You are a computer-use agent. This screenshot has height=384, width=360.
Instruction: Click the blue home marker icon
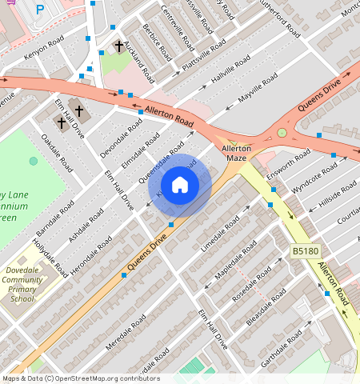click(180, 185)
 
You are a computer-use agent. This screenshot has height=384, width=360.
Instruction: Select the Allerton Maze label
click(236, 153)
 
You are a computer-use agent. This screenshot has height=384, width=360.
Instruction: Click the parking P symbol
click(40, 10)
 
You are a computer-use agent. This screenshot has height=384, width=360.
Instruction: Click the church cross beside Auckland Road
click(119, 47)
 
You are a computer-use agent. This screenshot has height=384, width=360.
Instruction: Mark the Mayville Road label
click(258, 88)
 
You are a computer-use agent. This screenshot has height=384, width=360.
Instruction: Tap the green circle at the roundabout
click(282, 133)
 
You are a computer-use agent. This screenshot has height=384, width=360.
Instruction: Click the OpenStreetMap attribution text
click(80, 378)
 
